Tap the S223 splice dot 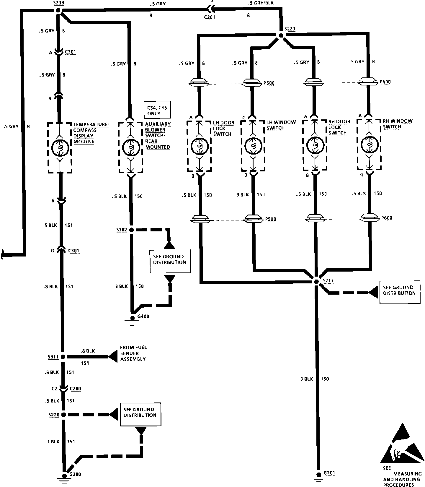tap(281, 36)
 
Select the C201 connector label tap(210, 17)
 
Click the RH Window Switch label tap(397, 124)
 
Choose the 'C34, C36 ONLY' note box tap(157, 110)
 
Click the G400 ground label tap(143, 316)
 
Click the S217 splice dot tap(316, 282)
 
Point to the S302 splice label tap(122, 229)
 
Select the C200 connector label tap(76, 389)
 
